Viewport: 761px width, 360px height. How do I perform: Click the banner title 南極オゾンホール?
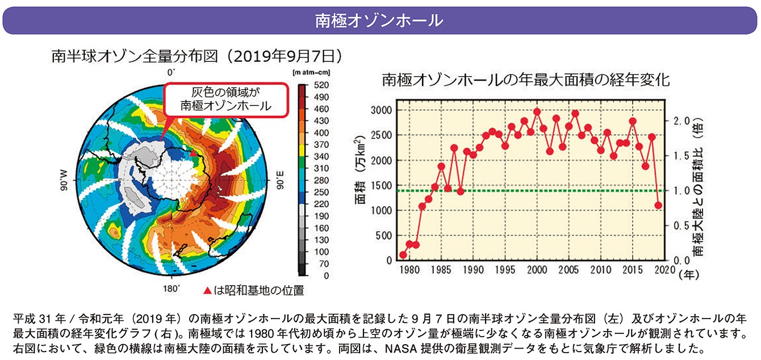click(379, 20)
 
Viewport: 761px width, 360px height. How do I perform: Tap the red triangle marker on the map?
click(194, 153)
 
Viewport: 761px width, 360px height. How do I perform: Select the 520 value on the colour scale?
click(321, 85)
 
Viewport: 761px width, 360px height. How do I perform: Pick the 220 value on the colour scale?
click(321, 204)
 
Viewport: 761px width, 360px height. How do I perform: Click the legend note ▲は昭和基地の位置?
click(253, 291)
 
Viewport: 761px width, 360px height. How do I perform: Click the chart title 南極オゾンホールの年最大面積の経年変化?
click(526, 79)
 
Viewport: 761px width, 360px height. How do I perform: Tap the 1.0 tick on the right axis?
click(681, 191)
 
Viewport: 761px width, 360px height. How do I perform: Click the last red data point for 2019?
click(658, 206)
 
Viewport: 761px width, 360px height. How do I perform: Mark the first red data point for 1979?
click(403, 255)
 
